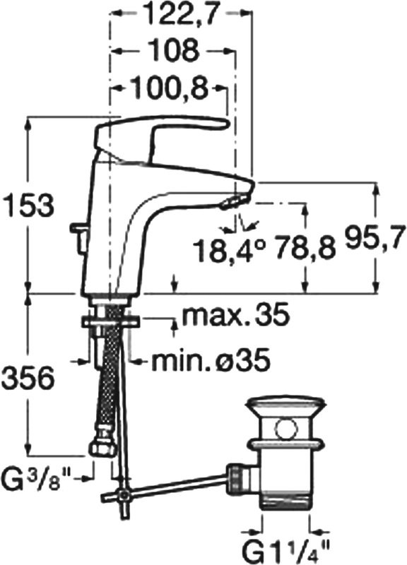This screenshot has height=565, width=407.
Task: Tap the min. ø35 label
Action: tap(211, 361)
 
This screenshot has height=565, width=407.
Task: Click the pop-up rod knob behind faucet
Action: tap(77, 229)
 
